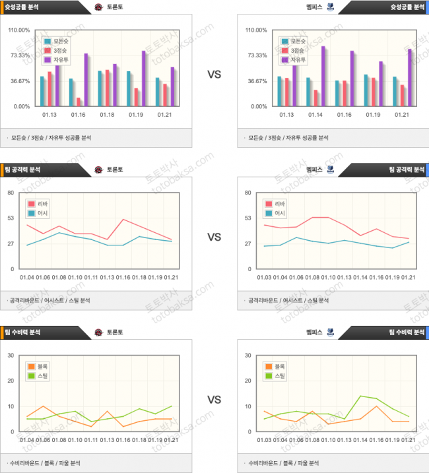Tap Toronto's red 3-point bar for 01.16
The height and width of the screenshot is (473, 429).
[x=79, y=102]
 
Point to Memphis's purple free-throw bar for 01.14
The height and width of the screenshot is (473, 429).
[x=323, y=76]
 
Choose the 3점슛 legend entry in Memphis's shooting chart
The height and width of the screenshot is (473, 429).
[x=294, y=50]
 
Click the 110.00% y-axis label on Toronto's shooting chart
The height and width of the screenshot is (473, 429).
[x=19, y=30]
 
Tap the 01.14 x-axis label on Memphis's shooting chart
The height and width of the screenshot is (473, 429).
[x=315, y=115]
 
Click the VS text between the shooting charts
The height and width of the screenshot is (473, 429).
[x=214, y=75]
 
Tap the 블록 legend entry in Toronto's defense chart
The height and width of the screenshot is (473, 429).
[x=37, y=366]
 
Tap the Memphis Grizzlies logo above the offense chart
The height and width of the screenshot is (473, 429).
[x=330, y=169]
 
